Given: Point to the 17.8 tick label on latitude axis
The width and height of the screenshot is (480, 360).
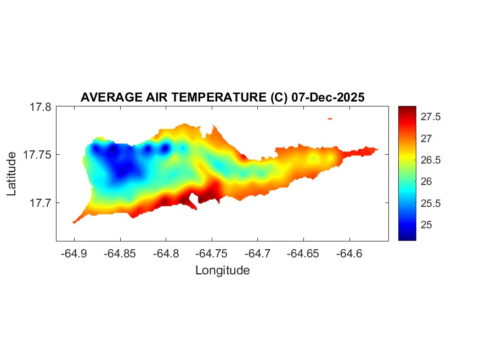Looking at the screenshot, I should [40, 107].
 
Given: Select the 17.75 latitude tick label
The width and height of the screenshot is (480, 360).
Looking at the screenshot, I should [37, 155].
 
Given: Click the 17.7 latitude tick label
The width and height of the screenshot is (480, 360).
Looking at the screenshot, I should [40, 203].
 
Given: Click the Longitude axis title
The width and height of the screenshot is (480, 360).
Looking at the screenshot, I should [222, 270].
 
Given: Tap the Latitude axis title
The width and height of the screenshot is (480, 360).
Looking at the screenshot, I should [12, 174].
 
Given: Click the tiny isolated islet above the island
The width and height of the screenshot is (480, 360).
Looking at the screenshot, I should [330, 118].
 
